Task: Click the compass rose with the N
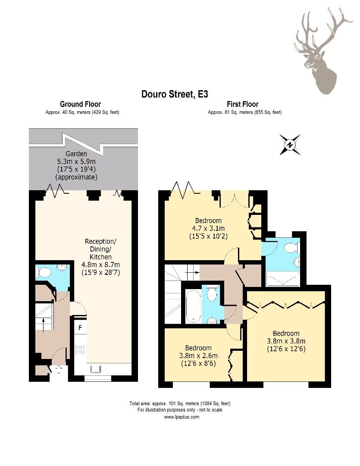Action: (x=290, y=145)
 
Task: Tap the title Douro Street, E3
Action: (x=175, y=94)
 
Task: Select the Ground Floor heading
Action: (x=80, y=104)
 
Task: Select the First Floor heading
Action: (x=242, y=104)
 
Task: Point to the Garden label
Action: (x=76, y=154)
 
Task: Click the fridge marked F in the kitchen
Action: (x=80, y=328)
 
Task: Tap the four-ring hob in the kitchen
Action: (x=80, y=349)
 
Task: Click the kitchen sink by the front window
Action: (x=95, y=369)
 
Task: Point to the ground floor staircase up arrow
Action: (x=44, y=325)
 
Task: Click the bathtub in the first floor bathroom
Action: (x=193, y=306)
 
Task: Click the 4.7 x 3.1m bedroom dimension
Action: (x=208, y=229)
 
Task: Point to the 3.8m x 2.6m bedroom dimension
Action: (x=198, y=356)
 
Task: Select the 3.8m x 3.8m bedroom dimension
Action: (x=286, y=341)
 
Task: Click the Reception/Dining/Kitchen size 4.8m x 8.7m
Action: (x=101, y=264)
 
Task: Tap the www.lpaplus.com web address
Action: (x=182, y=417)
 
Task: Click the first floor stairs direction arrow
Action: (x=192, y=272)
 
